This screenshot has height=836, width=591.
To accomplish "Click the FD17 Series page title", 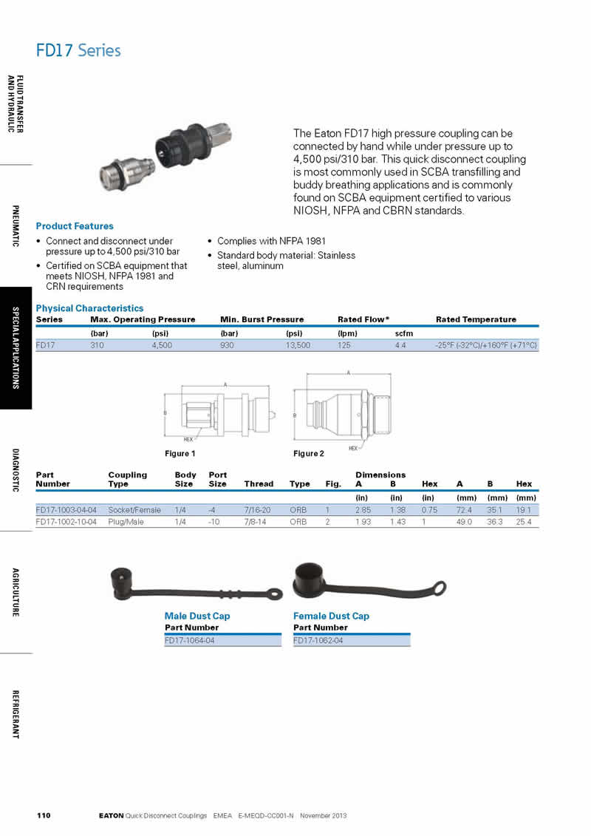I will [78, 50].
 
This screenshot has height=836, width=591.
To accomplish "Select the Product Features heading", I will [75, 226].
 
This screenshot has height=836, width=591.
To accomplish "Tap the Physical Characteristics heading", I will [89, 308].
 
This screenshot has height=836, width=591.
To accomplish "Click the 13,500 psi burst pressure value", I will [298, 345].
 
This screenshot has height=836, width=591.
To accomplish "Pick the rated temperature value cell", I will [486, 345].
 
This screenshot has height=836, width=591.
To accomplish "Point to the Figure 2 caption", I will [309, 453].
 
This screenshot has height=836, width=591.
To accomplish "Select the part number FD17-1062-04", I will [318, 640].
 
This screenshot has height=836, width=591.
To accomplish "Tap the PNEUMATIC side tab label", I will [16, 226].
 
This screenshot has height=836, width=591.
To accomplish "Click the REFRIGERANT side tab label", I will [16, 714].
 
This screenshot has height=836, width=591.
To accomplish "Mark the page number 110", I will [44, 816].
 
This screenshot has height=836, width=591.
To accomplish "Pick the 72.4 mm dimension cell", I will [465, 510].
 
